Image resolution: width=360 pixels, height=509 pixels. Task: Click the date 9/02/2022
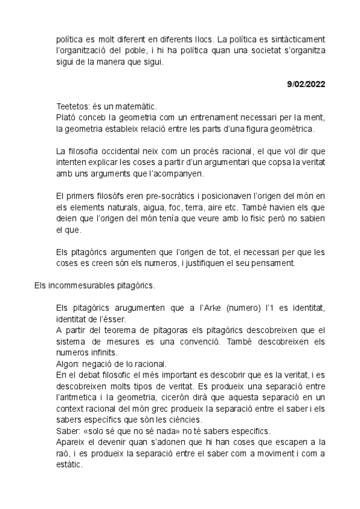pos(306,84)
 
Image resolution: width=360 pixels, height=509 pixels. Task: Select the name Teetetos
pos(73,106)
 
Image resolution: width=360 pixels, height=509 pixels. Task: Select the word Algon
pos(66,364)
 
